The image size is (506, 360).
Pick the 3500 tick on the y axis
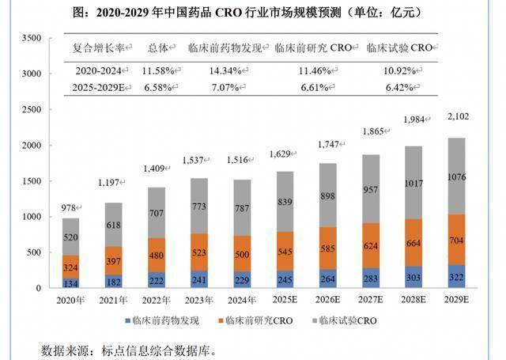tap(29, 38)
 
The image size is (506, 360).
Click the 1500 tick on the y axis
tap(29, 180)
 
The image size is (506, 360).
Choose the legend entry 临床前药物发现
tap(158, 320)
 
